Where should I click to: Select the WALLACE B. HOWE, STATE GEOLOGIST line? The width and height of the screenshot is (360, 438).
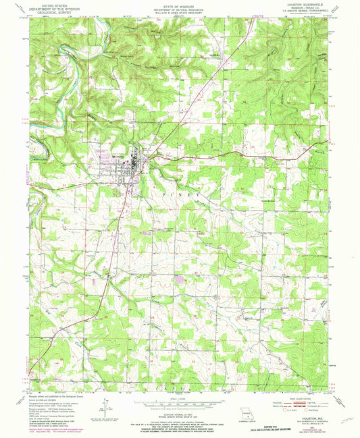tap(180, 12)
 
